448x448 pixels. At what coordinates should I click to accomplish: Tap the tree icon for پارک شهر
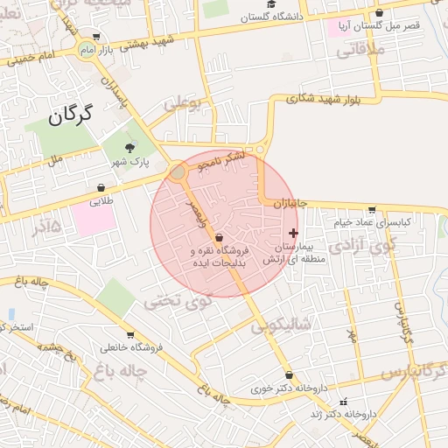[x=130, y=148]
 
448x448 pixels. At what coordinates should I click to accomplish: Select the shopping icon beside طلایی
[x=101, y=187]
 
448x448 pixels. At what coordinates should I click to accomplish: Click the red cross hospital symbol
[x=292, y=233]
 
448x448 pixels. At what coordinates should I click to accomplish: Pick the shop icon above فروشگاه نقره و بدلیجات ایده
[x=218, y=237]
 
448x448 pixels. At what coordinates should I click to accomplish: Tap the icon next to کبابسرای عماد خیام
[x=372, y=209]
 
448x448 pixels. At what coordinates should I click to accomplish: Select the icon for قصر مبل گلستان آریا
[x=379, y=13]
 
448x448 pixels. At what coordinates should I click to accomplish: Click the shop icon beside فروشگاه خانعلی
[x=130, y=334]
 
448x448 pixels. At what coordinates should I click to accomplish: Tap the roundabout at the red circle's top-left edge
[x=178, y=171]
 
